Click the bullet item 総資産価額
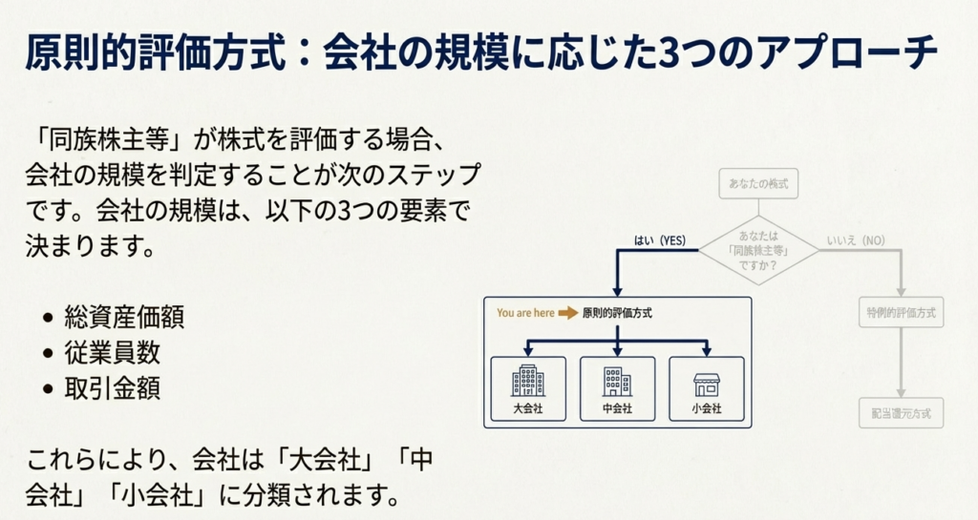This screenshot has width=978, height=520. click(x=124, y=318)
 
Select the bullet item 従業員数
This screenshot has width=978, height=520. click(x=112, y=353)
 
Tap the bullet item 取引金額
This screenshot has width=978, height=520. click(x=112, y=388)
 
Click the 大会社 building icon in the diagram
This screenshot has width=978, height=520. click(x=527, y=381)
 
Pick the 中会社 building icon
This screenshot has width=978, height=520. click(x=617, y=381)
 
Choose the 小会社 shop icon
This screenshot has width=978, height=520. click(x=706, y=383)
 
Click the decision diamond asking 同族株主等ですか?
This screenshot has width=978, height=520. click(x=758, y=250)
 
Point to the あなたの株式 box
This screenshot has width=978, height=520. click(x=758, y=184)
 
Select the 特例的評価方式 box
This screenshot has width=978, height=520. click(x=901, y=313)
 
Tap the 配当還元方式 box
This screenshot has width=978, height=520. click(x=901, y=413)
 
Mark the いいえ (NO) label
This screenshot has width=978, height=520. click(x=854, y=240)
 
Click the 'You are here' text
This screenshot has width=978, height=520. click(x=524, y=313)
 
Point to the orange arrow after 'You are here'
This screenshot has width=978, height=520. click(x=568, y=313)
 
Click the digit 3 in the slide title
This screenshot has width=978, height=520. click(x=668, y=55)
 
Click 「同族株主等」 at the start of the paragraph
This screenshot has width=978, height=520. click(x=111, y=139)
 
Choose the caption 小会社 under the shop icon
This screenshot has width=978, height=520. click(x=706, y=409)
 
